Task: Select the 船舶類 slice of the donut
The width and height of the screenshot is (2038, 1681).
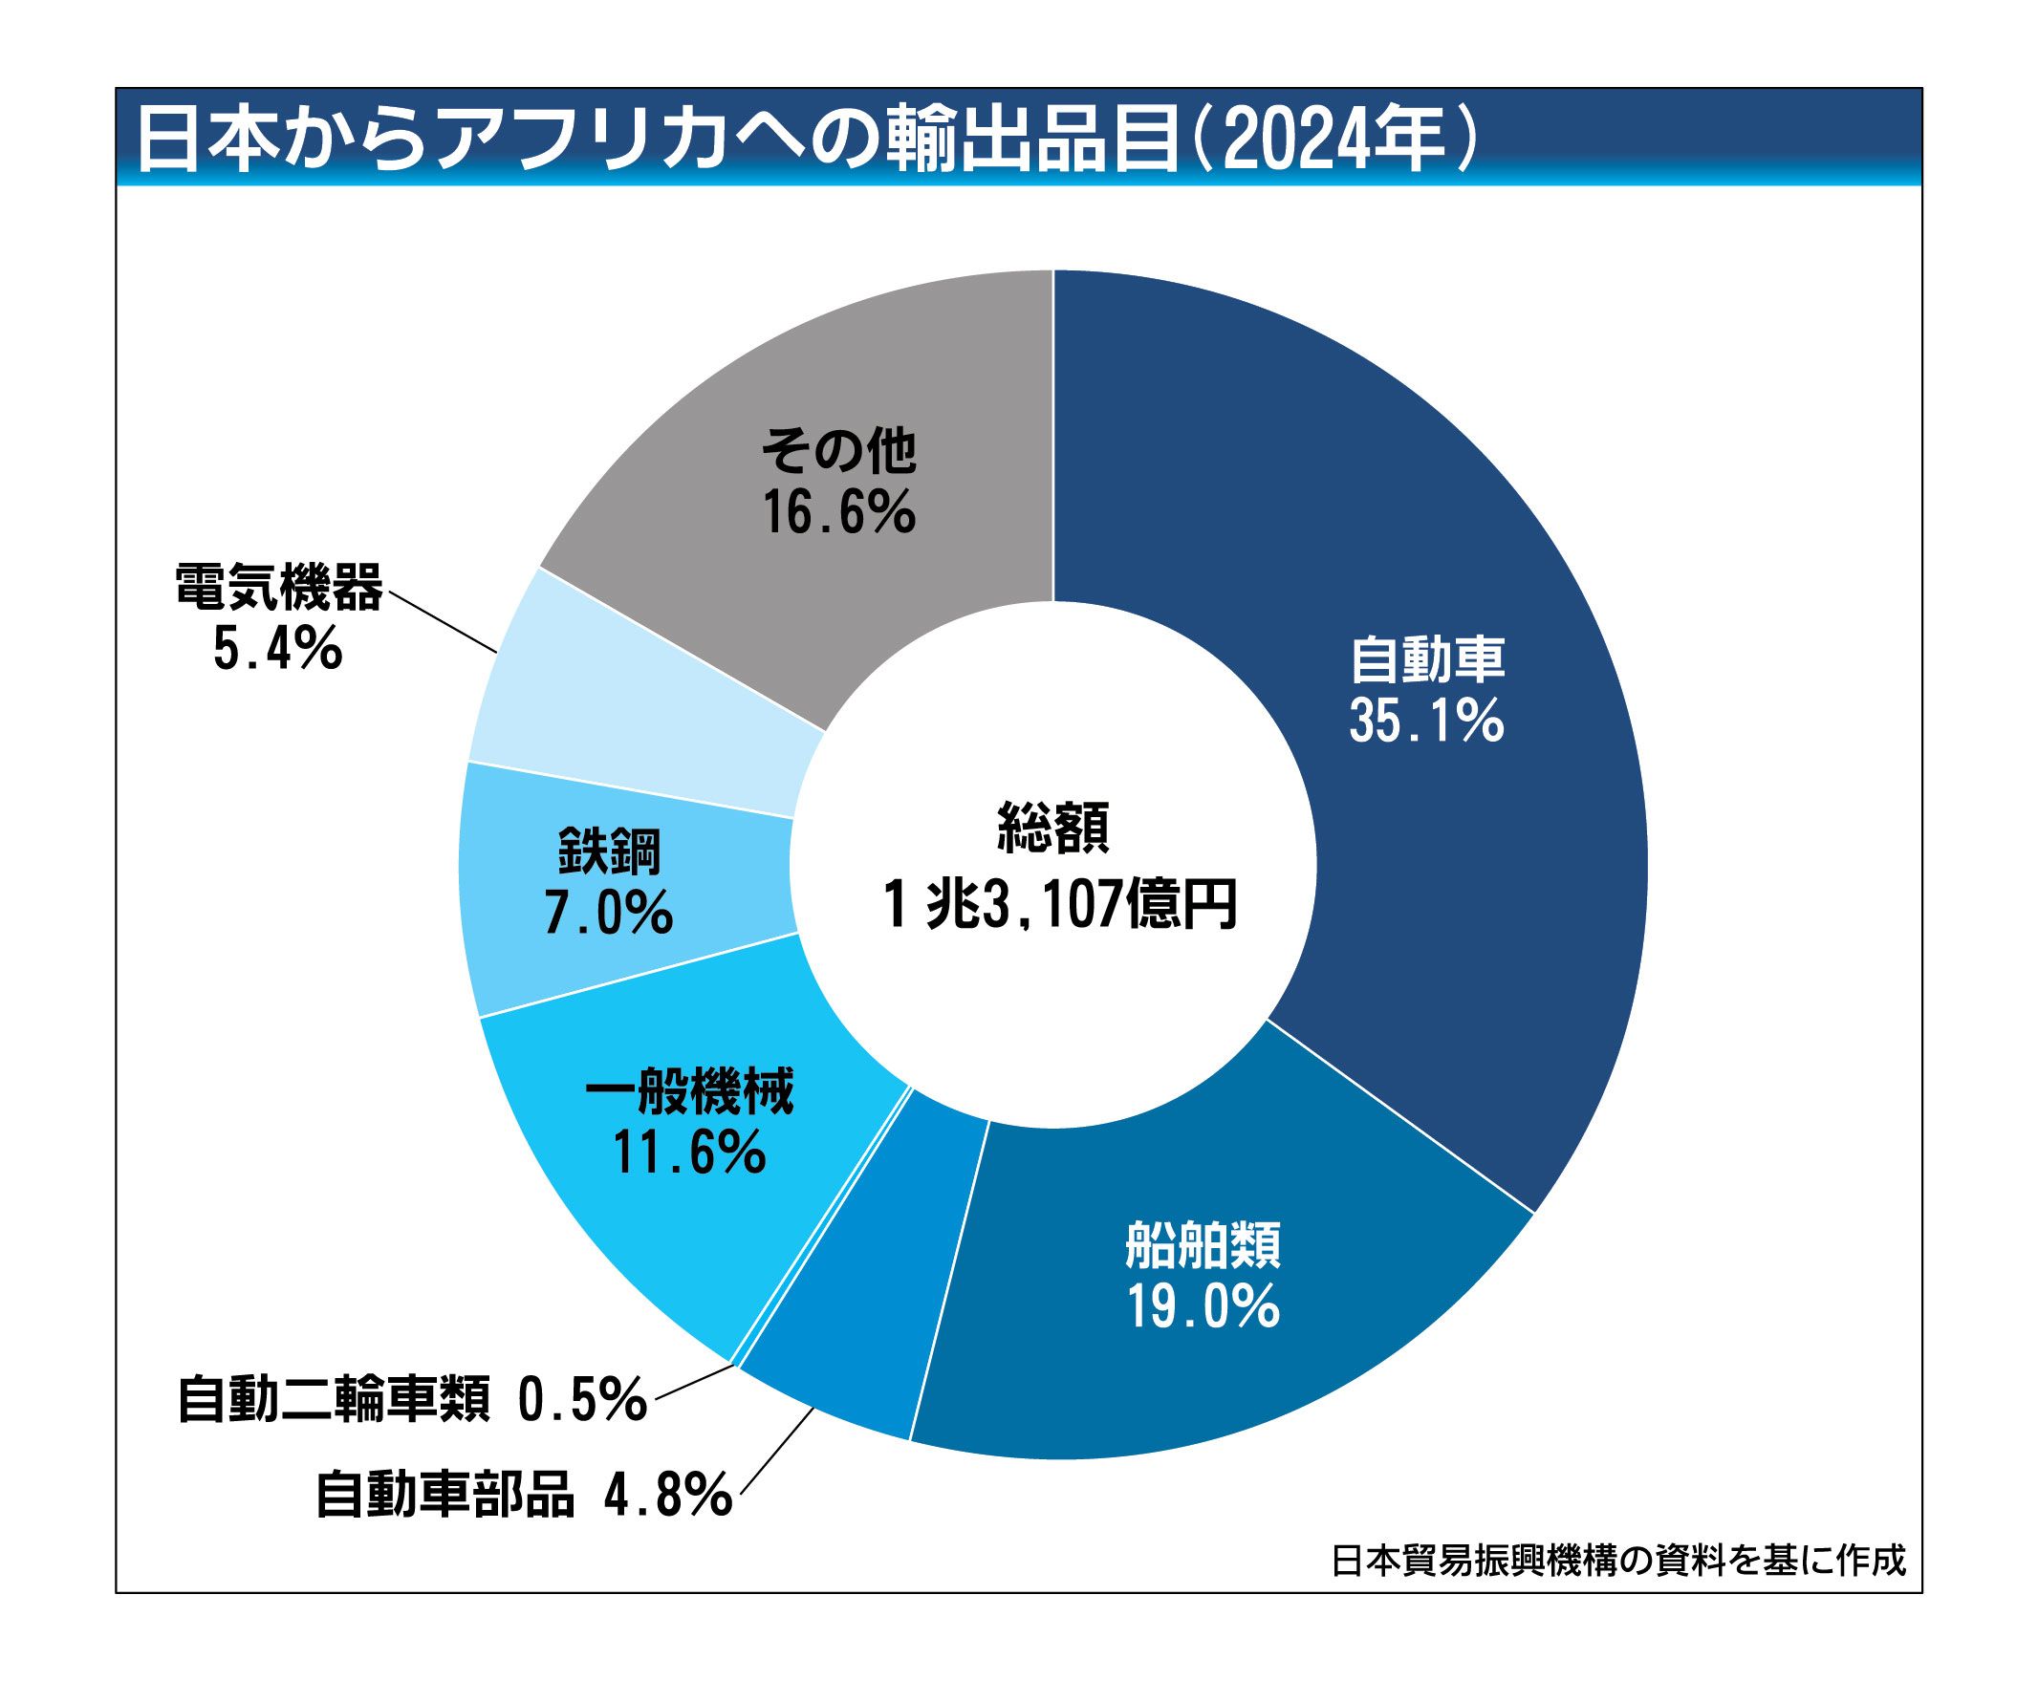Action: pos(1202,1356)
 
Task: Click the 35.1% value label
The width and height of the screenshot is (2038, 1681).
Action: pos(1427,722)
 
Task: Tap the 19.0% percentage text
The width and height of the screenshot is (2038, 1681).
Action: pos(1203,1307)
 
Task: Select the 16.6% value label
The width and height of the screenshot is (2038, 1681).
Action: pos(839,512)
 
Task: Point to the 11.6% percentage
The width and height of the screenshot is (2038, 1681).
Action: pos(688,1153)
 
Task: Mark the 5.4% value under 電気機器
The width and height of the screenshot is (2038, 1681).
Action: pos(278,649)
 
